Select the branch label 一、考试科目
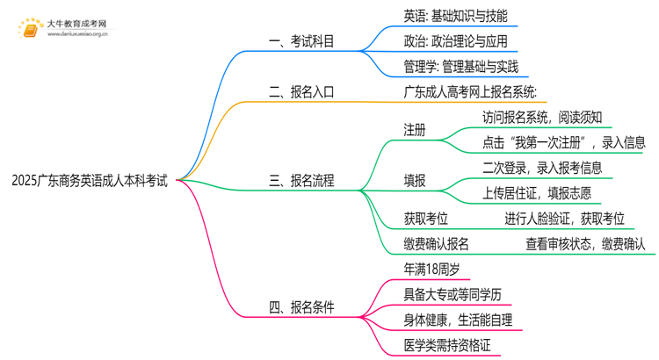click(x=301, y=40)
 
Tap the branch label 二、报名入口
click(x=301, y=90)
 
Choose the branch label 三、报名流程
click(x=301, y=182)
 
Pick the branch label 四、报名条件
click(x=301, y=307)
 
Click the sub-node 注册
click(x=415, y=131)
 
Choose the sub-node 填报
click(x=415, y=182)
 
